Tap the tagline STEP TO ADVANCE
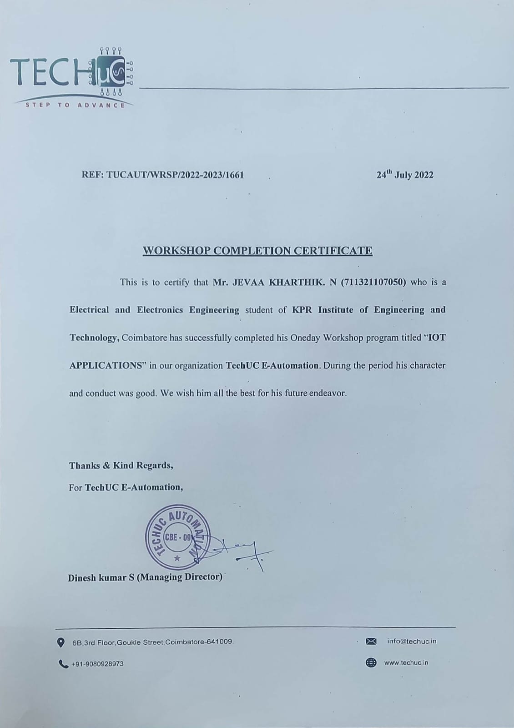pos(75,106)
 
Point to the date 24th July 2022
pos(405,175)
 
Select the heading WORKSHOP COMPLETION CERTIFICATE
pos(257,251)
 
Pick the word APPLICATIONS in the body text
pos(106,365)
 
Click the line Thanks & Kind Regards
pos(121,465)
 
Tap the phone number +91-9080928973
pos(97,664)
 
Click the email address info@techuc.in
pos(412,642)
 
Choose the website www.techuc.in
pos(406,663)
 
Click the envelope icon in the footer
pos(371,642)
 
